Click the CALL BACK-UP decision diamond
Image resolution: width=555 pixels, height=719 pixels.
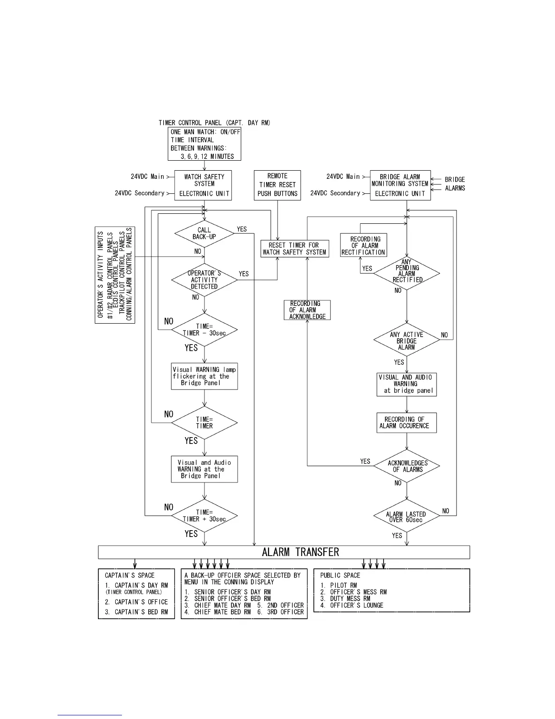[204, 234]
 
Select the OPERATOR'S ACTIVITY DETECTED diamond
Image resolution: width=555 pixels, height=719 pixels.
[204, 280]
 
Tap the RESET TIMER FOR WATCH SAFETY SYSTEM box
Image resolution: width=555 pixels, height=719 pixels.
[294, 249]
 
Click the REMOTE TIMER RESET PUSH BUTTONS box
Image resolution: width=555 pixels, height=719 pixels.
[277, 185]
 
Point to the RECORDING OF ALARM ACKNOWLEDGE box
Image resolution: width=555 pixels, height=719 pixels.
[307, 310]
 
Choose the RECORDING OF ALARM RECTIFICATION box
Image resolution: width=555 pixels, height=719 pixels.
[363, 246]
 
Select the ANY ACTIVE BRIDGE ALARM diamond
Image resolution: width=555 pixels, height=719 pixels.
[406, 340]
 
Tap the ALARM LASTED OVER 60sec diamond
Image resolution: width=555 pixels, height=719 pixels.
[406, 517]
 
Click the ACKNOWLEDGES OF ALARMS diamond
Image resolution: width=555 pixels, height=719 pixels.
[407, 466]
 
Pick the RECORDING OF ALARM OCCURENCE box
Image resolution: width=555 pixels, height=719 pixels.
[406, 423]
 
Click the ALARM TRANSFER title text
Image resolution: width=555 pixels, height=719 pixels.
[300, 552]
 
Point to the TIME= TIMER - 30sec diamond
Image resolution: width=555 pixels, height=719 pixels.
[204, 330]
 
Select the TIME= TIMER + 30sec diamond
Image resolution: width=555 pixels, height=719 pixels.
[204, 516]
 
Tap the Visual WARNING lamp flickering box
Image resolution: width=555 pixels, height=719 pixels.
[204, 376]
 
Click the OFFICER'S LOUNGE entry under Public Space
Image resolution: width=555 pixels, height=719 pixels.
[356, 605]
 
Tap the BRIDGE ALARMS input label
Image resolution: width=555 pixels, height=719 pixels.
[455, 184]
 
